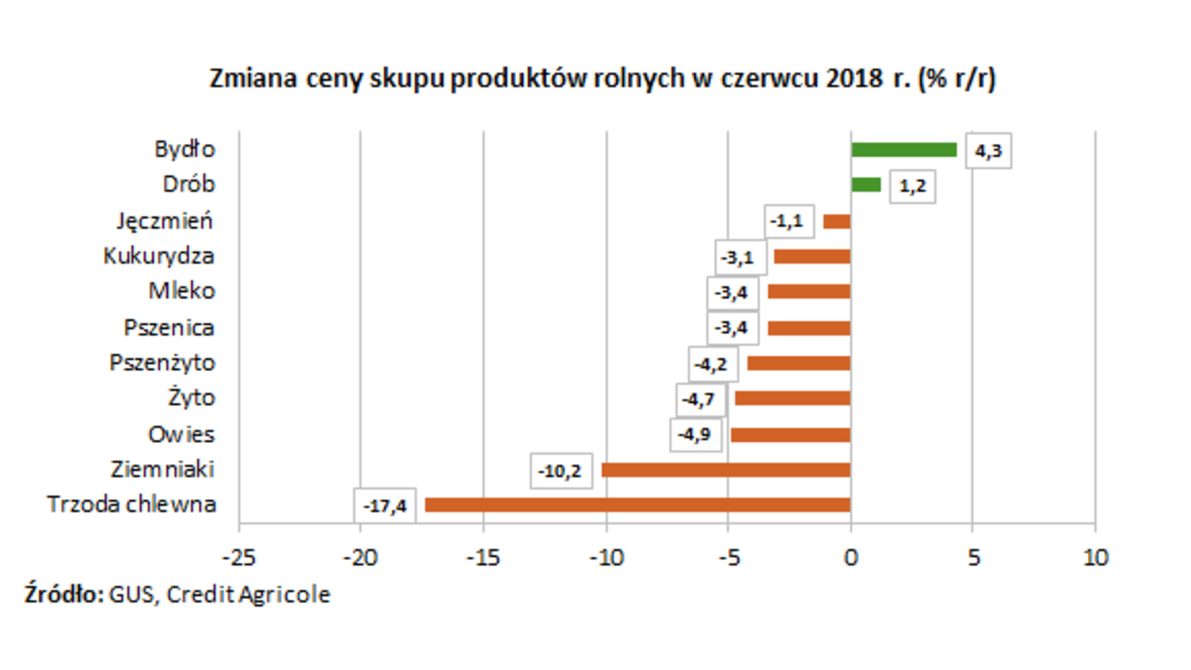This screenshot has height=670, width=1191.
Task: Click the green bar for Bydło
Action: click(903, 150)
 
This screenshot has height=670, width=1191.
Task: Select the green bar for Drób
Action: click(865, 185)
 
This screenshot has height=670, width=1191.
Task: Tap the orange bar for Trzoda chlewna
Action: click(637, 504)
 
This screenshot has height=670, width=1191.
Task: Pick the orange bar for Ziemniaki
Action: click(726, 469)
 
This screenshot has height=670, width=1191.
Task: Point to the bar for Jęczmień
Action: click(837, 221)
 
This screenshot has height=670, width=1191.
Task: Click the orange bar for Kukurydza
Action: click(812, 256)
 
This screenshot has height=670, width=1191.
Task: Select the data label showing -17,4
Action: click(383, 505)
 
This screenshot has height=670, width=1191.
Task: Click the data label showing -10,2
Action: click(561, 470)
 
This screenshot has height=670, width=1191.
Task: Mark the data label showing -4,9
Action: click(694, 435)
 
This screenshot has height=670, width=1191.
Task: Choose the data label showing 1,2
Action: click(911, 187)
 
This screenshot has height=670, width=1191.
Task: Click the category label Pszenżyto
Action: click(162, 363)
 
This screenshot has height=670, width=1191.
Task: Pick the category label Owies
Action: click(181, 435)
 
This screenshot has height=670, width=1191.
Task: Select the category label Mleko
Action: click(182, 292)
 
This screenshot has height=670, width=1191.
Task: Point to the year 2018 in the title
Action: click(850, 80)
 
